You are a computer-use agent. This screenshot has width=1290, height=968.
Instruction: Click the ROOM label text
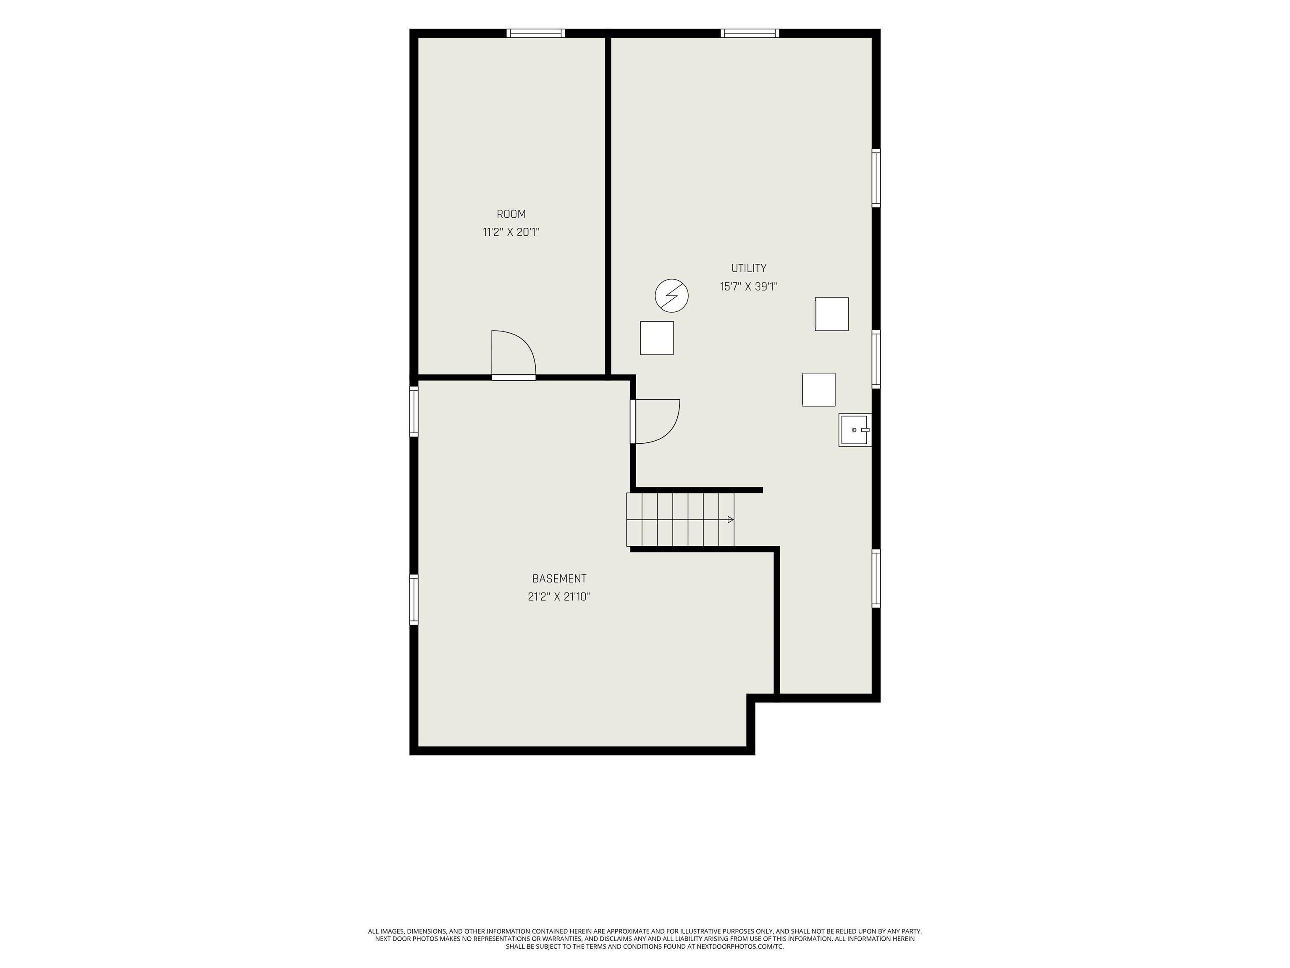(511, 214)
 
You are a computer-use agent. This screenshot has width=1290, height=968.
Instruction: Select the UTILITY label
(749, 268)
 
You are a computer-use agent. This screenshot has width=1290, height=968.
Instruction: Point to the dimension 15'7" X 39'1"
(749, 287)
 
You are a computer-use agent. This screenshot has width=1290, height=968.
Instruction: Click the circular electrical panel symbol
(672, 295)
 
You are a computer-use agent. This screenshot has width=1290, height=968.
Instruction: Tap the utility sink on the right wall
(855, 430)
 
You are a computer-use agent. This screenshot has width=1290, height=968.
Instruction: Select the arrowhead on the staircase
(731, 519)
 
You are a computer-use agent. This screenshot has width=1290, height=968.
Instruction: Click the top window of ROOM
(535, 33)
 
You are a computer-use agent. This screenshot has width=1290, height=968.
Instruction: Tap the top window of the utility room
(750, 33)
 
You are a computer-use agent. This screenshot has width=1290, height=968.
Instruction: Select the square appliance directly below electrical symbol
(657, 338)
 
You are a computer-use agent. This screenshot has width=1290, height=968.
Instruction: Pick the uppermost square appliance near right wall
(831, 314)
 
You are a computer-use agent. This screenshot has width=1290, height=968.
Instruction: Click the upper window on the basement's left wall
(414, 411)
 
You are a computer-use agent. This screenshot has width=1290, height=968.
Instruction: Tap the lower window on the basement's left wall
(414, 599)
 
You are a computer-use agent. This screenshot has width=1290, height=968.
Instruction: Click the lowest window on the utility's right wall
(876, 578)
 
